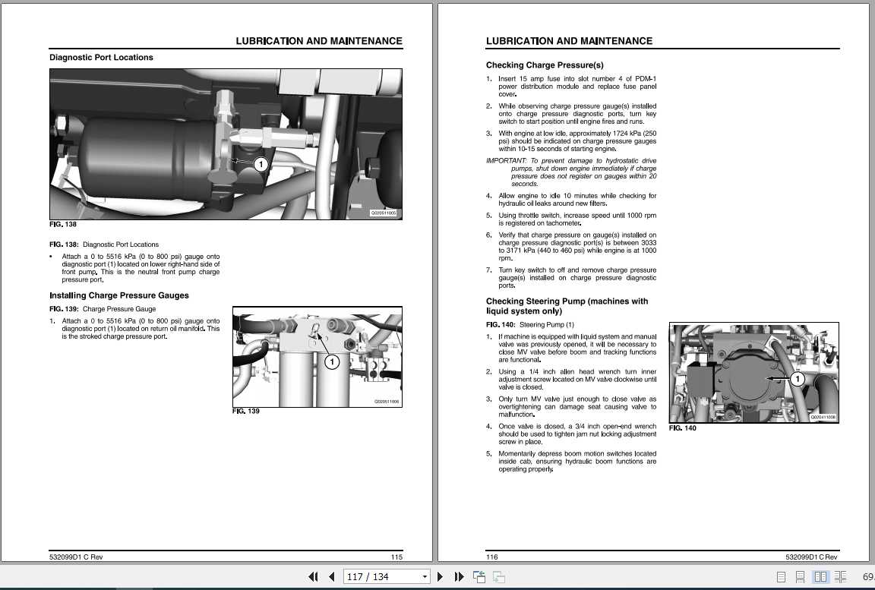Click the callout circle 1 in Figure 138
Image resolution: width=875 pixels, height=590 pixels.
(260, 164)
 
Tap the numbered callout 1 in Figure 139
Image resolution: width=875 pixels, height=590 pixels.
(332, 362)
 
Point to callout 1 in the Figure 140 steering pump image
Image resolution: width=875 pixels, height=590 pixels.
(798, 378)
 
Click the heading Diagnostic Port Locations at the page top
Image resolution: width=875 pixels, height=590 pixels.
(101, 58)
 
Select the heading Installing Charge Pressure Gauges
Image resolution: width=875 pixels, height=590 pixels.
(119, 295)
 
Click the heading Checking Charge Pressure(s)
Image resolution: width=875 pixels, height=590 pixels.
(545, 65)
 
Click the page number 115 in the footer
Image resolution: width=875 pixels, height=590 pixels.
(396, 557)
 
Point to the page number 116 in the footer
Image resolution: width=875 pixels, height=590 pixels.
(492, 557)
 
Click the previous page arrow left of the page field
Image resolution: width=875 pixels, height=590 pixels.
(331, 577)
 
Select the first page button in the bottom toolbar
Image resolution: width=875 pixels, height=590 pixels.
(313, 577)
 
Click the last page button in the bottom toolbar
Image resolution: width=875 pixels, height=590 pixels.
(459, 577)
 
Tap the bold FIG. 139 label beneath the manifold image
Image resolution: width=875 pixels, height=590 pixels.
(245, 411)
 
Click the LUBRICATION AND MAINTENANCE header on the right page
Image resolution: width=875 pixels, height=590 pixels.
(569, 41)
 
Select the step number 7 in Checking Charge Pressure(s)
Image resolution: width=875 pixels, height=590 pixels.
(489, 270)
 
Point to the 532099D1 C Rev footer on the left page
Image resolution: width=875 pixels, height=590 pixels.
(76, 557)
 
